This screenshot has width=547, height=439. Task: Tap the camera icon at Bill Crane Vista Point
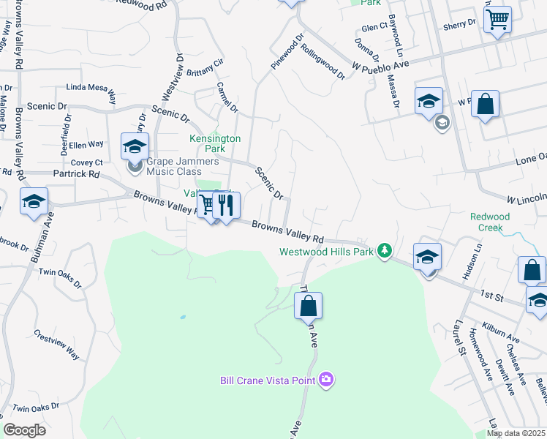pyautogui.click(x=326, y=379)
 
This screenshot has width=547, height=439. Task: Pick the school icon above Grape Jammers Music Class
pyautogui.click(x=135, y=146)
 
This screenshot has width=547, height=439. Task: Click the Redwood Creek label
pyautogui.click(x=486, y=222)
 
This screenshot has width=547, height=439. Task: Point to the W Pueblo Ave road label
pyautogui.click(x=380, y=66)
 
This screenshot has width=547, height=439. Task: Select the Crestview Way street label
pyautogui.click(x=56, y=343)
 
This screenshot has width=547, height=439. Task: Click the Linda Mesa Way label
pyautogui.click(x=91, y=87)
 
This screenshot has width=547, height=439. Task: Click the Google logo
pyautogui.click(x=24, y=430)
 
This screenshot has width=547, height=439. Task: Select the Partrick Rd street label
pyautogui.click(x=76, y=174)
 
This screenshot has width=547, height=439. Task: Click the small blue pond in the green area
pyautogui.click(x=181, y=318)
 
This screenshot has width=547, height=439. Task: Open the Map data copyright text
pyautogui.click(x=516, y=433)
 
